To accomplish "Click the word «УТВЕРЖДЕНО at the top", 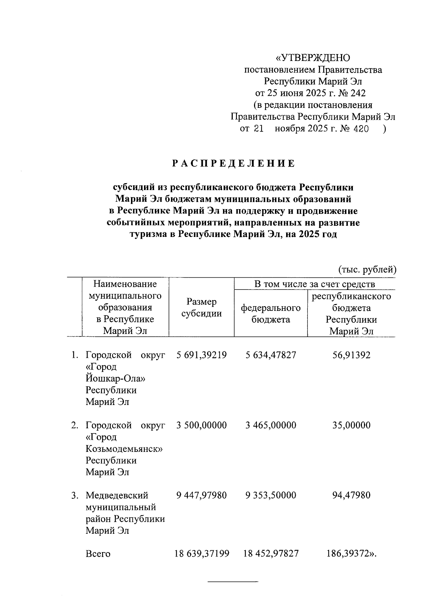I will (313, 58).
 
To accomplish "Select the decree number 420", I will (361, 129).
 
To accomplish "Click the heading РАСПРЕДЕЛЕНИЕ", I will (233, 164).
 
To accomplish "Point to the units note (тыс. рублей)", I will (367, 269).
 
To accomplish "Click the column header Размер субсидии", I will (201, 308).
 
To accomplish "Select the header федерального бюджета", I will (271, 313).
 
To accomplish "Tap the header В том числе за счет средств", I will (314, 284).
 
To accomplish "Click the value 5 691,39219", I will (202, 355).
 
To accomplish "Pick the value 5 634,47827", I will (271, 355).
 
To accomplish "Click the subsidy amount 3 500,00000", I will (202, 425).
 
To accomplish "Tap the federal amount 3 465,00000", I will (271, 425).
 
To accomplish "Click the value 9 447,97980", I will (202, 495).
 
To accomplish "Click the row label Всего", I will (98, 554).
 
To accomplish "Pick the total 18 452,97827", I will (271, 554).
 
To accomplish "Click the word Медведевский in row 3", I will (117, 495).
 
